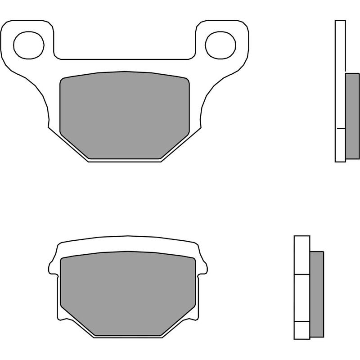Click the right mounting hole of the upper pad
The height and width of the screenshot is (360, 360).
pyautogui.click(x=220, y=44)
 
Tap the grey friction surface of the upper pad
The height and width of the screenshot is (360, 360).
pyautogui.click(x=125, y=115)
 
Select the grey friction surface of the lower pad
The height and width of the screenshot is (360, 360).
pyautogui.click(x=128, y=292)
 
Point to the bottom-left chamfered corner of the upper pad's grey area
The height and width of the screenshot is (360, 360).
pyautogui.click(x=74, y=144)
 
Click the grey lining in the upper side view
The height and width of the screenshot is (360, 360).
pyautogui.click(x=352, y=116)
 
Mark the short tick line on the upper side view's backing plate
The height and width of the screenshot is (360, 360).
pyautogui.click(x=340, y=129)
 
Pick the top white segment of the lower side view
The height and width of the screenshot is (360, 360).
pyautogui.click(x=301, y=255)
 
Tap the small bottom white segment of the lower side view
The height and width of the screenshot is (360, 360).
pyautogui.click(x=301, y=330)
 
